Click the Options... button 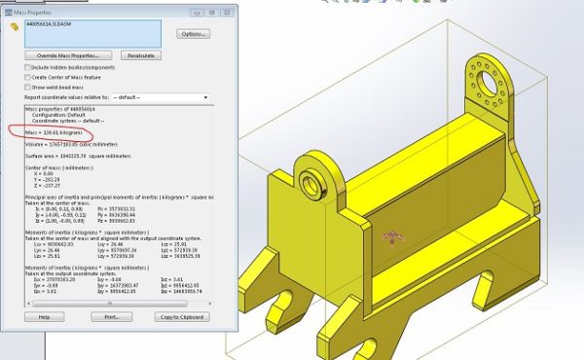coord(192,34)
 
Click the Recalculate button coord(140,55)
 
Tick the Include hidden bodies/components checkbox coord(27,67)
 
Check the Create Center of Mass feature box coord(27,77)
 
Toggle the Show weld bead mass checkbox coord(27,87)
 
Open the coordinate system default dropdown coord(161,97)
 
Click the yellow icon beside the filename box coord(14,26)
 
